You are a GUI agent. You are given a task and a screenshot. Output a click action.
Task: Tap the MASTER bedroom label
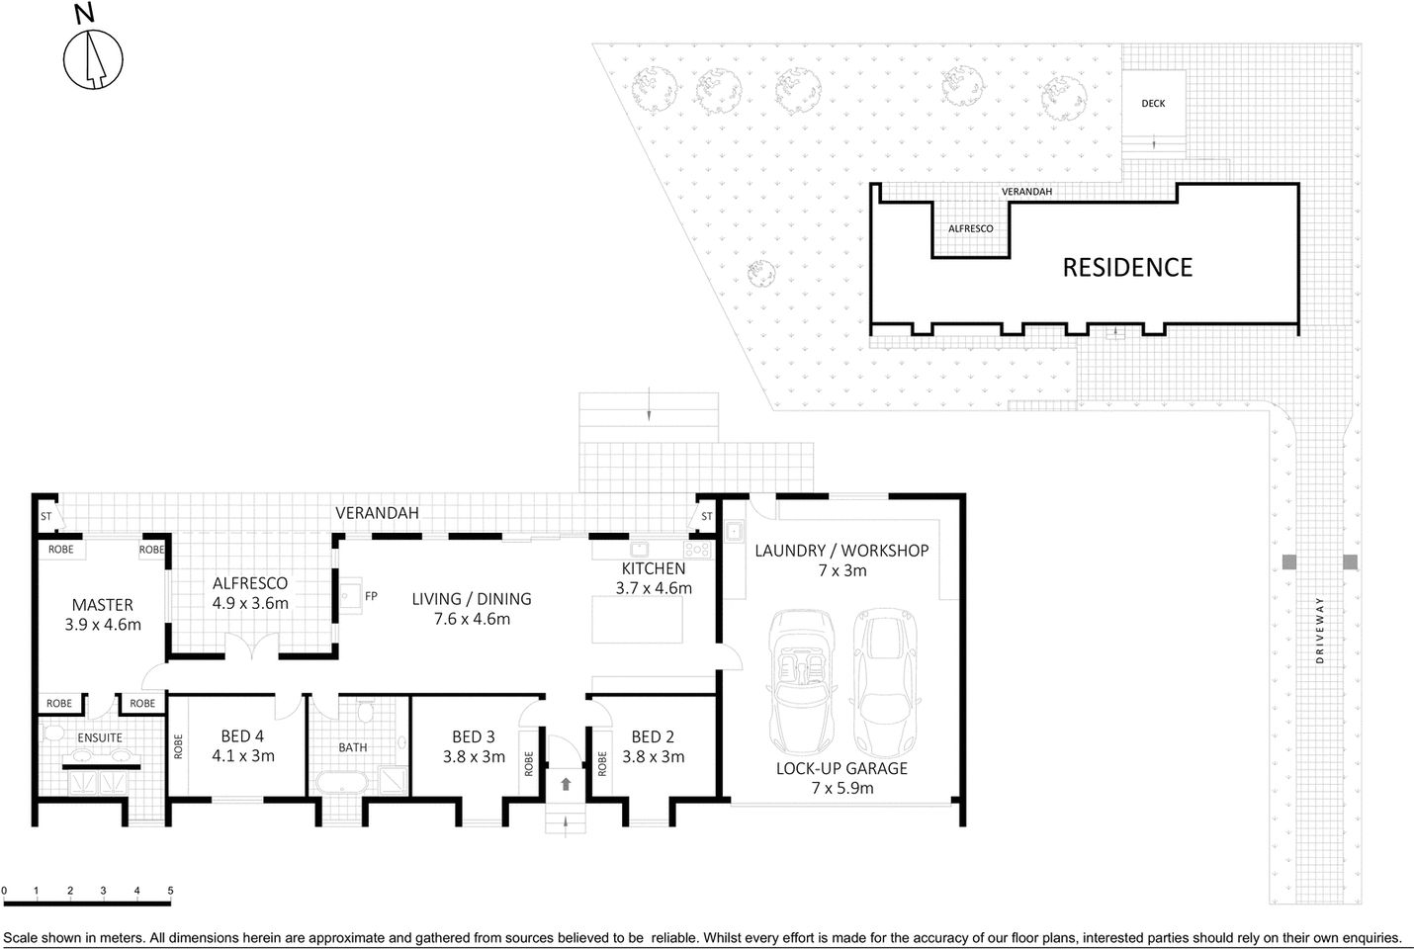click(102, 605)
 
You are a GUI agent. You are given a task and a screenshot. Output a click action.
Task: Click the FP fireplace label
click(371, 596)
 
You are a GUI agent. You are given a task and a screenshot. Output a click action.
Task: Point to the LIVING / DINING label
click(472, 599)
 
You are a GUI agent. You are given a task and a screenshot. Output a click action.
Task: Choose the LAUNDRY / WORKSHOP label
click(841, 551)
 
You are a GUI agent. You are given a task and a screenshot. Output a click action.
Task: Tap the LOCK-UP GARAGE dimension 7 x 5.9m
click(841, 788)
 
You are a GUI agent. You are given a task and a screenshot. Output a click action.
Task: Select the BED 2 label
click(653, 736)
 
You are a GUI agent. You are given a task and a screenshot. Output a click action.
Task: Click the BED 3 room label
click(473, 736)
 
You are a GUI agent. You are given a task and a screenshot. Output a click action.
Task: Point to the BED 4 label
click(242, 736)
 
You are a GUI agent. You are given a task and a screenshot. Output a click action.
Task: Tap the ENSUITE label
click(100, 737)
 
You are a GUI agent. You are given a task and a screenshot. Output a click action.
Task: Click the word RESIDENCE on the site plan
click(1127, 267)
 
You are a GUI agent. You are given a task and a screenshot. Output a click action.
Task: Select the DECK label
click(1153, 103)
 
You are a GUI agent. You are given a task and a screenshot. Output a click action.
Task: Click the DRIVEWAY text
click(1320, 631)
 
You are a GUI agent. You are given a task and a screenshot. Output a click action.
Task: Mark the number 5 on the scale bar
click(170, 891)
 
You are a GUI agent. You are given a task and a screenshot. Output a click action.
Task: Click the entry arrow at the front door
click(566, 784)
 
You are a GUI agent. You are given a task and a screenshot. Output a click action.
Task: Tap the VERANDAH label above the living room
click(377, 513)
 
